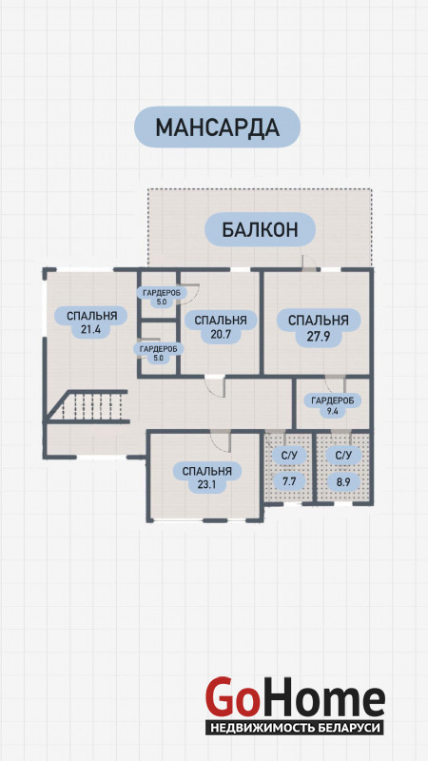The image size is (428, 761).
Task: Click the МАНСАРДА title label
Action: pyautogui.click(x=217, y=127)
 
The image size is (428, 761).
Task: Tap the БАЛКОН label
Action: pyautogui.click(x=260, y=229)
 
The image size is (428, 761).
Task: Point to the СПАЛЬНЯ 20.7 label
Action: pyautogui.click(x=221, y=327)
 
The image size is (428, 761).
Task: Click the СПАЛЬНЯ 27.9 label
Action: pyautogui.click(x=319, y=327)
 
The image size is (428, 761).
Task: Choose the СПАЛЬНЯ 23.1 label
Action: pyautogui.click(x=206, y=478)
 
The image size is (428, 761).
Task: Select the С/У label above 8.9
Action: pyautogui.click(x=343, y=456)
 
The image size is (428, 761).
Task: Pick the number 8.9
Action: pyautogui.click(x=343, y=482)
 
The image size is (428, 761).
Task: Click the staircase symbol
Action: pyautogui.click(x=88, y=406)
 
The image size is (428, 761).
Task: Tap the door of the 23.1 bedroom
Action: pyautogui.click(x=221, y=441)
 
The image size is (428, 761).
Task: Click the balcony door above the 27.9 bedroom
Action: pyautogui.click(x=308, y=263)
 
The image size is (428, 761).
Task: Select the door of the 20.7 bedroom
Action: pyautogui.click(x=215, y=386)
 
